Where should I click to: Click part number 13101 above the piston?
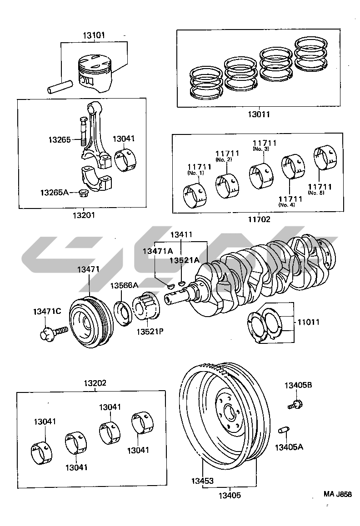(x=94, y=35)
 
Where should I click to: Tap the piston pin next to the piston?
(x=60, y=86)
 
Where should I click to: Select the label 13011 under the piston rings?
(x=258, y=114)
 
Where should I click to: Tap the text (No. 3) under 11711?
(x=261, y=149)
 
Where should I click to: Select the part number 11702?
(x=259, y=219)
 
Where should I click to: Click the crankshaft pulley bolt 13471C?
(x=52, y=333)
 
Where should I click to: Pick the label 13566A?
(x=124, y=285)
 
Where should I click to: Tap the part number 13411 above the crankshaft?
(x=181, y=235)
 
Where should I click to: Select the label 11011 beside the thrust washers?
(x=308, y=322)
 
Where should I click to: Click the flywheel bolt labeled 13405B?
(x=296, y=403)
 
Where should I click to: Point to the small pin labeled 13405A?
(x=284, y=430)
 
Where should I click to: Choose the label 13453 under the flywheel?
(x=202, y=481)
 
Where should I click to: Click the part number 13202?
(x=94, y=383)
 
